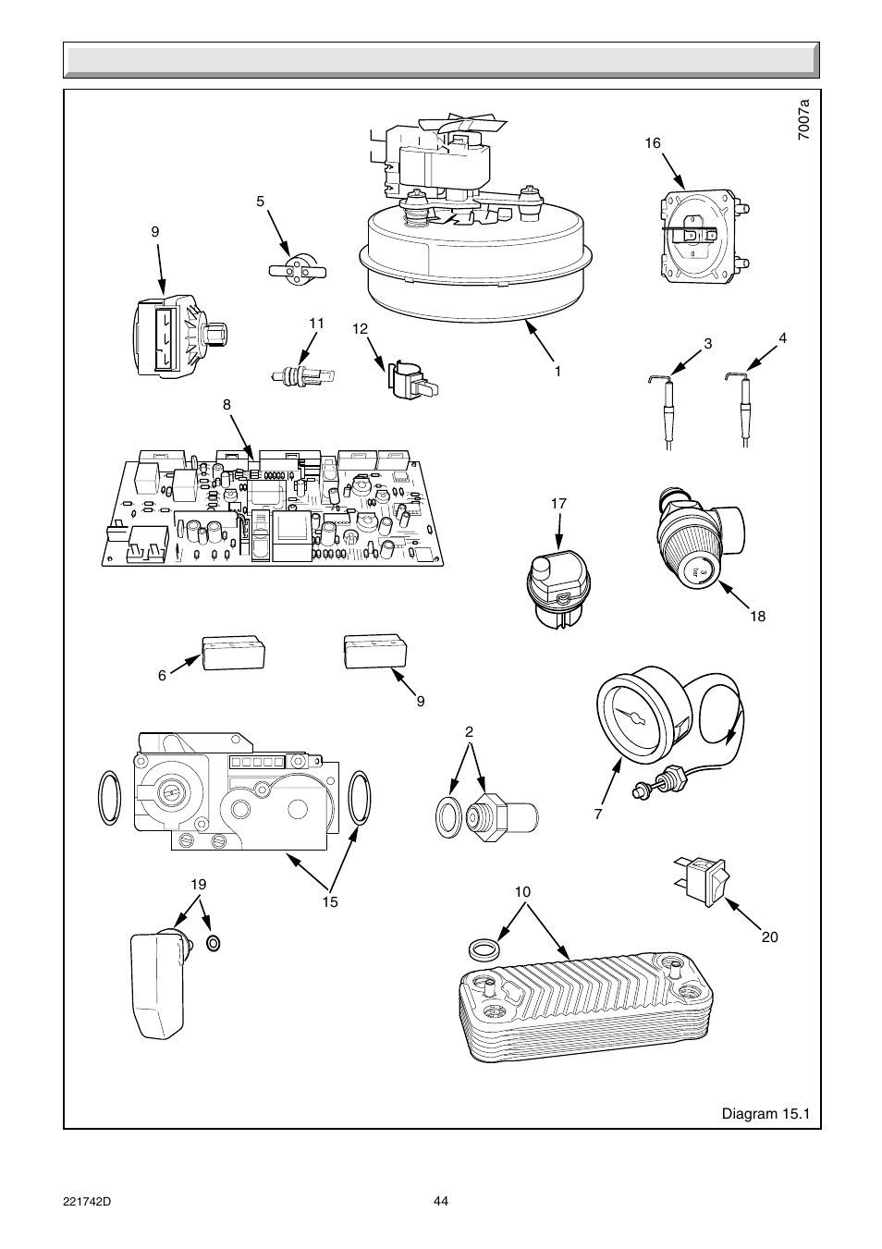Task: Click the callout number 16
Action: (653, 143)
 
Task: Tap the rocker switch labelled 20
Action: (704, 879)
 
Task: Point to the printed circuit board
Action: (272, 514)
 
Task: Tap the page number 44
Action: (441, 1201)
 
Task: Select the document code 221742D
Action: (88, 1201)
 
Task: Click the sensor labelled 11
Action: (300, 376)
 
